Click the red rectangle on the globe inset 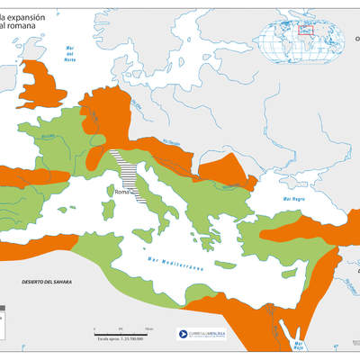(306, 27)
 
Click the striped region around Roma (126, 171)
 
